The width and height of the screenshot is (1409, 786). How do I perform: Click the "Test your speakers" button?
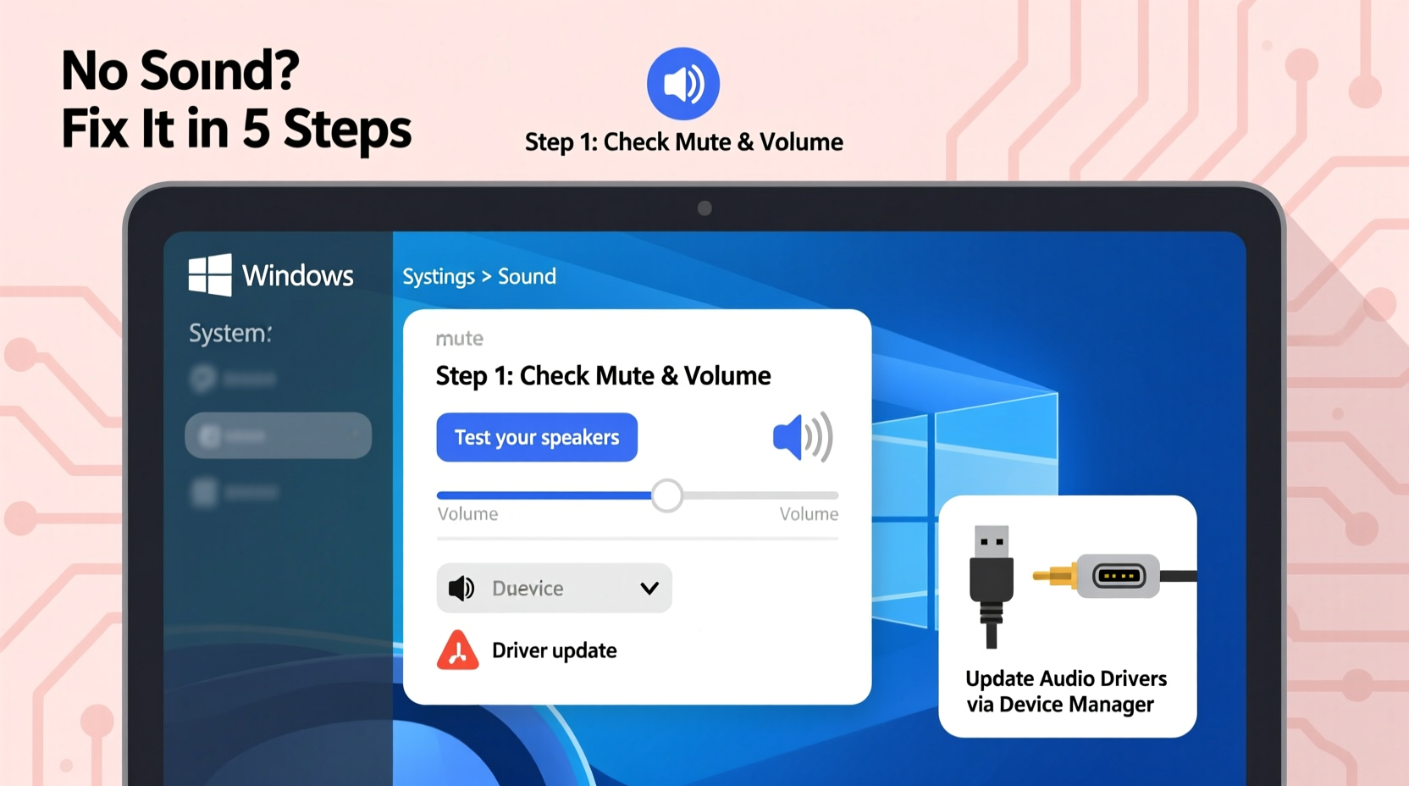537,437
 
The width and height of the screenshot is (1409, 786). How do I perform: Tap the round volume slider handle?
667,495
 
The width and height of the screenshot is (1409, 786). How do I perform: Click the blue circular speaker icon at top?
683,84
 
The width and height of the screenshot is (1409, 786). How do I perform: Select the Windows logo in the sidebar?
210,274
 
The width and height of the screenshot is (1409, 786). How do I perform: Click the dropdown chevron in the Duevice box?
649,588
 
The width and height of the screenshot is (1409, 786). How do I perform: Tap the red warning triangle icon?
457,650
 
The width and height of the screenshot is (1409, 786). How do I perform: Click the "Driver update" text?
554,650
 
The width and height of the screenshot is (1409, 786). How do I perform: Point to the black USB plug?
992,584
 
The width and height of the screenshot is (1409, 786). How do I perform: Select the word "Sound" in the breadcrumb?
527,276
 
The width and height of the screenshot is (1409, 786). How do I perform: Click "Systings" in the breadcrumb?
439,277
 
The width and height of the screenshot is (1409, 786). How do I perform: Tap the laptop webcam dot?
704,208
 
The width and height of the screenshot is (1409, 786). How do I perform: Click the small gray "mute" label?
459,339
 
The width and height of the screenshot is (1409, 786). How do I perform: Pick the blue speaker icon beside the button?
802,437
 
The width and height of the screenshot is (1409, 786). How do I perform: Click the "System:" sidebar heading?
230,333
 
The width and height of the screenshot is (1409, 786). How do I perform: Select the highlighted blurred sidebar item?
278,435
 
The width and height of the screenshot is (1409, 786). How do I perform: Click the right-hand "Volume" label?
809,514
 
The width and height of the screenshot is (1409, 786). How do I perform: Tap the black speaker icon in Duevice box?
461,588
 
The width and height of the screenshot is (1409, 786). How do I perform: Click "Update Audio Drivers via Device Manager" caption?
1066,691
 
